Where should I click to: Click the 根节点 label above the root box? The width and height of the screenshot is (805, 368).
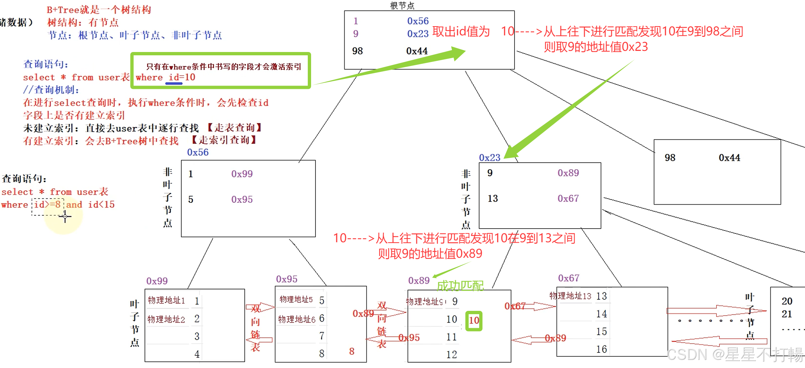402,6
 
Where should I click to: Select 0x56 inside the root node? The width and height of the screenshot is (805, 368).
418,21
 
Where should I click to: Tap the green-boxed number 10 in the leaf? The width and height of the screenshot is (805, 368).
474,320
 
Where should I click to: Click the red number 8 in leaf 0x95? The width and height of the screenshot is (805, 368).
352,351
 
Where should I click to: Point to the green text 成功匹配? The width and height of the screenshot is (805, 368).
460,286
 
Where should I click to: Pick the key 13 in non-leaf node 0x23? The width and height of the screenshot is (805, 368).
492,199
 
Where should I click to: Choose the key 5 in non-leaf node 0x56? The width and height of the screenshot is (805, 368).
191,199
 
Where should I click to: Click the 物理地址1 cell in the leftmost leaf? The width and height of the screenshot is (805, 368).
166,301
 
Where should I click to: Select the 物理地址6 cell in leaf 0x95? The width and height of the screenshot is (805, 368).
297,319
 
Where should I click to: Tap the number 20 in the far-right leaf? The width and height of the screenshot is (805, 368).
787,301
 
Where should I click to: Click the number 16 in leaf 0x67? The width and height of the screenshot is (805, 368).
601,349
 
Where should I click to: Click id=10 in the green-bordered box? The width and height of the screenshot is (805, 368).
182,77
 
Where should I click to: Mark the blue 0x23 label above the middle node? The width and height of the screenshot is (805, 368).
489,158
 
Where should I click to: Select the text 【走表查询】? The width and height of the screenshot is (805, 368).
234,128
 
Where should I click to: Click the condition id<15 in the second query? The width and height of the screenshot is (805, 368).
101,205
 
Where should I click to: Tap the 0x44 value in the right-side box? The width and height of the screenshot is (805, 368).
729,158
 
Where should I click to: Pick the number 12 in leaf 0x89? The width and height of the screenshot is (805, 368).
452,355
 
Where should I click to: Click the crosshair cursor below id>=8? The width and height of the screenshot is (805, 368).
65,216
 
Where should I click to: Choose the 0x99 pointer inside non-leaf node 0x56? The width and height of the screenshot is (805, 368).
242,174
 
